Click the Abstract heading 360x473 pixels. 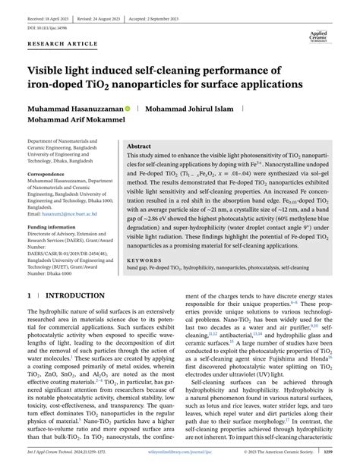[x=139, y=146]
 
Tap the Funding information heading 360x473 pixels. [x=52, y=227]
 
